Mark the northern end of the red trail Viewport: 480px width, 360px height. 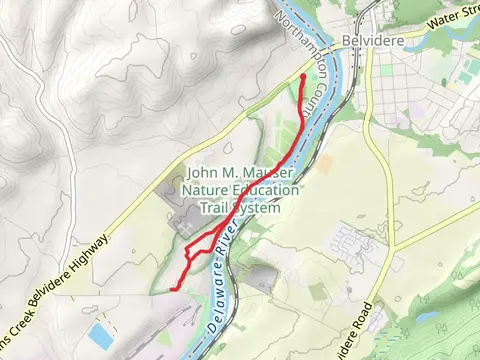[x=303, y=76]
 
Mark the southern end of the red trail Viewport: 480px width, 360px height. [x=176, y=287]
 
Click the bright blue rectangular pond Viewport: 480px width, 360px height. [x=99, y=333]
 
